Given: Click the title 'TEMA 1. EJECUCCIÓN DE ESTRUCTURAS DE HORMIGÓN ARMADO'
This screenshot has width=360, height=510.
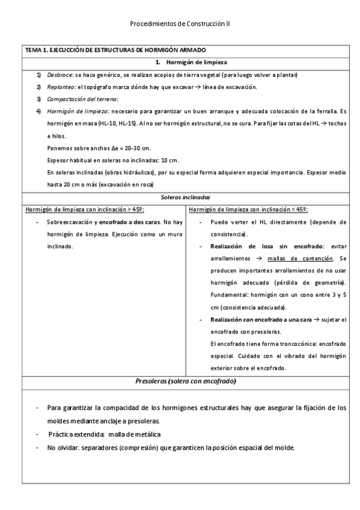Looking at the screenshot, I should pyautogui.click(x=114, y=50).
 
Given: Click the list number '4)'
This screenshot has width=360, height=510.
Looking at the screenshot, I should pyautogui.click(x=38, y=111).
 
